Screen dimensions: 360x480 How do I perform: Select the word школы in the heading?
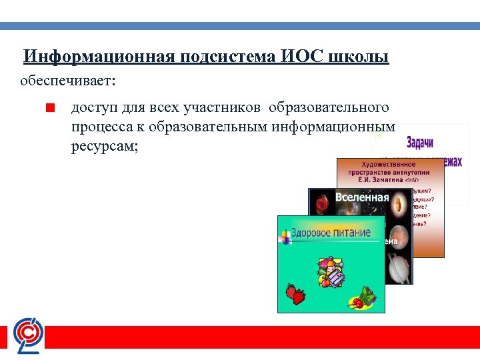tap(358, 57)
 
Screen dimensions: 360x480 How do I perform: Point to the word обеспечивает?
tap(67, 81)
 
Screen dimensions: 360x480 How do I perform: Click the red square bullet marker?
tap(49, 107)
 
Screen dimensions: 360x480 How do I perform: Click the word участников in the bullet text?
tap(223, 107)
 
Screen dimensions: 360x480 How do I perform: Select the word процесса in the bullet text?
tap(101, 127)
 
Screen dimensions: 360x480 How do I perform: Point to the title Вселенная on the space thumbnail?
tap(361, 197)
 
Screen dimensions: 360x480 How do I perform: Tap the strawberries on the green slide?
tap(295, 293)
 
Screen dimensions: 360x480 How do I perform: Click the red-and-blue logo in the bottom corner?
tap(29, 335)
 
